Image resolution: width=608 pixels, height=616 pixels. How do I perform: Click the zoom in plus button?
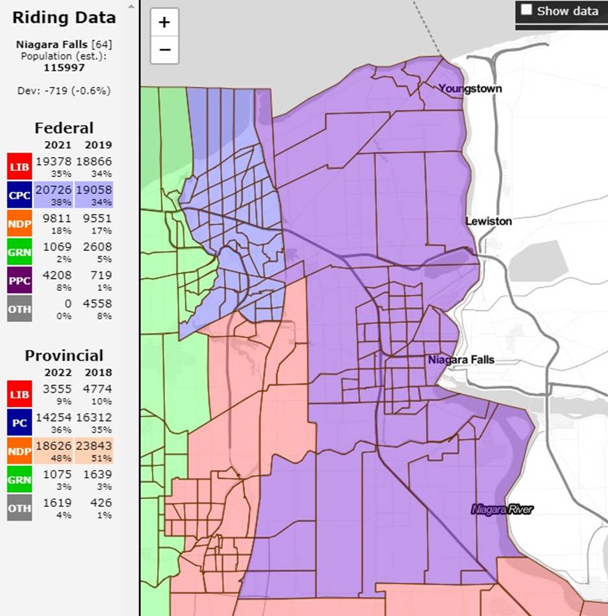coord(164,23)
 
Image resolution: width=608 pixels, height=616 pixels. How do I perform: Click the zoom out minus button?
coord(164,49)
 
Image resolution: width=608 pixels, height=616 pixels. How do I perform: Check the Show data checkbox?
coord(527,10)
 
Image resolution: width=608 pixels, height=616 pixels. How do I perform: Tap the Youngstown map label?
coord(470,88)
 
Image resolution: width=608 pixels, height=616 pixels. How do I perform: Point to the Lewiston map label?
coord(488,221)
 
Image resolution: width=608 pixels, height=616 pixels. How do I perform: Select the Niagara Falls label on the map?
coord(461,360)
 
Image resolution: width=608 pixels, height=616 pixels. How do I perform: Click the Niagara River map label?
coord(502,510)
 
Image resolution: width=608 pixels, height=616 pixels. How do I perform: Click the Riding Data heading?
coord(64,18)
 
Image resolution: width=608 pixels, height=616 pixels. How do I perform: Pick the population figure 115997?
coord(64,66)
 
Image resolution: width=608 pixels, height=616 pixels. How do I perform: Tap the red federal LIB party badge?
coord(19,166)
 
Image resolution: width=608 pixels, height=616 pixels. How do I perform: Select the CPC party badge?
coord(19,195)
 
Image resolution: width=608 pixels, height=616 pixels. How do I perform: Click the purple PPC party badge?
coord(19,280)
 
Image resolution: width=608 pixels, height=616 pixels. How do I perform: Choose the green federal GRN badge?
coord(19,252)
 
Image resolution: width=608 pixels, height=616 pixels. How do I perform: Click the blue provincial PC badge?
coord(19,423)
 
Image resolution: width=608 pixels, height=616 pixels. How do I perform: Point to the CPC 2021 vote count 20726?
coord(54,190)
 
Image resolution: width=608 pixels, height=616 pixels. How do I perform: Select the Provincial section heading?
coord(64,356)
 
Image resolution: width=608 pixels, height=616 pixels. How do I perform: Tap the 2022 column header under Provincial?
coord(57,373)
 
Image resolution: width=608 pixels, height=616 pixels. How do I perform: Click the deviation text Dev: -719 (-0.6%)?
coord(64,91)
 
